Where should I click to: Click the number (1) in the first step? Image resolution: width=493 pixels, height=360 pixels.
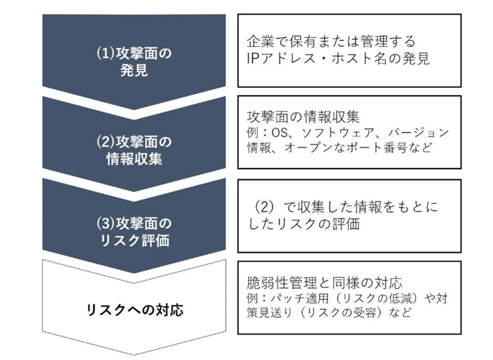106,54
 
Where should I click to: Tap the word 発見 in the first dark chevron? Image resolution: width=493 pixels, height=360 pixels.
134,70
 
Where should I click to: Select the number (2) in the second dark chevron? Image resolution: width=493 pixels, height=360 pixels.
106,142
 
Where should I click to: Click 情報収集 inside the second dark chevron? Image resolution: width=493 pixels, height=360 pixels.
134,159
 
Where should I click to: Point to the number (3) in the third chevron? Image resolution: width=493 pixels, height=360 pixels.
106,224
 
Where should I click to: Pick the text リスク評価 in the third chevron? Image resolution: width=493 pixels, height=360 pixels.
135,240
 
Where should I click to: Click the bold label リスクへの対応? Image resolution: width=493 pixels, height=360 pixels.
135,310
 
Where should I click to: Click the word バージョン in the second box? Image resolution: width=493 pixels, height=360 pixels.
419,133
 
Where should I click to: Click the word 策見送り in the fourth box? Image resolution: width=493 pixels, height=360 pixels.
270,313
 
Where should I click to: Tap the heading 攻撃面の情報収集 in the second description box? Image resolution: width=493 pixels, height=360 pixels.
303,117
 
